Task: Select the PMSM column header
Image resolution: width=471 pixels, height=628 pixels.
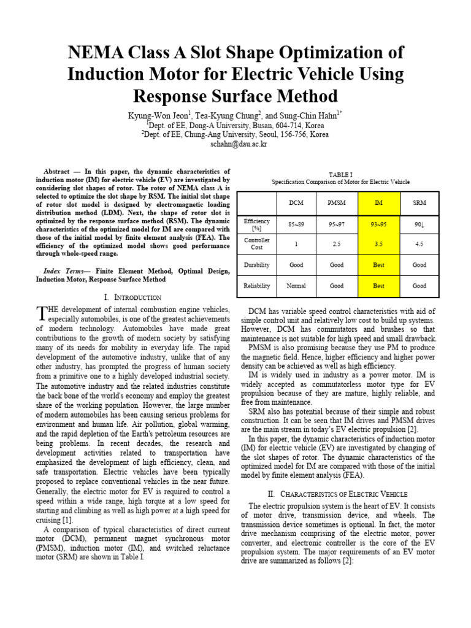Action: tap(337, 202)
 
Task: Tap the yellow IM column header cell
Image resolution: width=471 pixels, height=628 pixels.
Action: tap(378, 202)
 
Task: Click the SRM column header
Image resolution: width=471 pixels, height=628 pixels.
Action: tap(419, 202)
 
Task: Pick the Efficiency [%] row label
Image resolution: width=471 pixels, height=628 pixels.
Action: tap(257, 224)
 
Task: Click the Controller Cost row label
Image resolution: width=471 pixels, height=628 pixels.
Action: tap(257, 243)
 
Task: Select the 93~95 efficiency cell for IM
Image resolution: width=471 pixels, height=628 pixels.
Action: tap(378, 224)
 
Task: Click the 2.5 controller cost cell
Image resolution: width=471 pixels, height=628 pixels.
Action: tap(337, 243)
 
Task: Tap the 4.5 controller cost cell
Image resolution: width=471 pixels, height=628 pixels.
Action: tap(419, 243)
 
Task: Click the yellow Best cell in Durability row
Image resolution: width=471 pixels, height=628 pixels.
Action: tap(378, 265)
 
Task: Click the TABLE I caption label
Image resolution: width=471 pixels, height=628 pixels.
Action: tap(340, 174)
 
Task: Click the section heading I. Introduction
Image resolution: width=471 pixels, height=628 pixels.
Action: tap(133, 297)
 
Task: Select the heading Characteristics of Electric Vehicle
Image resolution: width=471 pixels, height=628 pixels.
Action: tap(341, 494)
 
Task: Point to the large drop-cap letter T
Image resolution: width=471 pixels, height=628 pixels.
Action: tap(41, 314)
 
